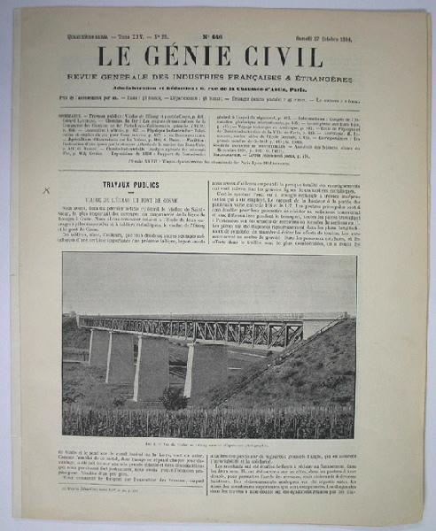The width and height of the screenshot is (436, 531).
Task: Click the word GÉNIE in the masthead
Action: click(203, 56)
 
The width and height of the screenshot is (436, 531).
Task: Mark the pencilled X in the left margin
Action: click(47, 189)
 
